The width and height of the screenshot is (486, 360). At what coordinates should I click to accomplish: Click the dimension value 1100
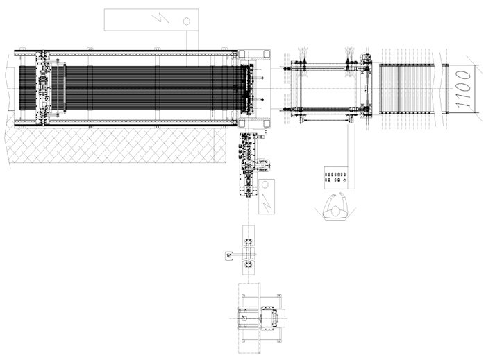(463, 89)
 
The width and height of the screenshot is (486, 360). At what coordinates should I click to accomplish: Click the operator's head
(335, 211)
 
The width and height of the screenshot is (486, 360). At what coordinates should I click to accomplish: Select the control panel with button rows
(336, 178)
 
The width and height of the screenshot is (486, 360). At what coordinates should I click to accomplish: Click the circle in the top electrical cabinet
(187, 21)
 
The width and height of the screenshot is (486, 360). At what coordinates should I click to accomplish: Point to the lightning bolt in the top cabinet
(160, 19)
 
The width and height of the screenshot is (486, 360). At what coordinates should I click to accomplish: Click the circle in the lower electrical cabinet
(265, 185)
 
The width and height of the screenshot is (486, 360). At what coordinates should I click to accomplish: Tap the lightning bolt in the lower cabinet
(266, 202)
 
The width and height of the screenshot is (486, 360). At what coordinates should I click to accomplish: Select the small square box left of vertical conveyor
(229, 256)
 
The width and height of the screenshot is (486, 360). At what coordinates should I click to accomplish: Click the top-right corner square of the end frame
(266, 54)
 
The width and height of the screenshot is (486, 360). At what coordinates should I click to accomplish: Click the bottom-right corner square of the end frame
(266, 124)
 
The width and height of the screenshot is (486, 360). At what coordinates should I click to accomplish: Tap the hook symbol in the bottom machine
(244, 318)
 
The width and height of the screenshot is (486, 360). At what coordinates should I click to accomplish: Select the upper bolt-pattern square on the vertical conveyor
(249, 242)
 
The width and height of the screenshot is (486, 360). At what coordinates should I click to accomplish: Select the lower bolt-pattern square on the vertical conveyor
(249, 265)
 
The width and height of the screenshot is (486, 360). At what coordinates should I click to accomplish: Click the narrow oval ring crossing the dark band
(65, 87)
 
